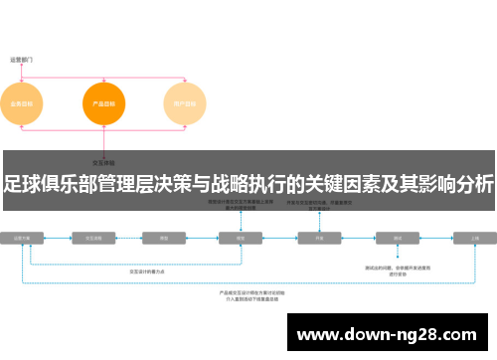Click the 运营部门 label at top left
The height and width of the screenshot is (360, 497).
point(22,60)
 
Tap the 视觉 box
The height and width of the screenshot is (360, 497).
point(239,239)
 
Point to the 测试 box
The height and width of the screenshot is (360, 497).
point(398,239)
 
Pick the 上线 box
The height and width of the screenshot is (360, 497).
point(475,239)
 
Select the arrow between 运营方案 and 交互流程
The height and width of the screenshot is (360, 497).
point(59,239)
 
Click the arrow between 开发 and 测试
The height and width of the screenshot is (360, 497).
point(359,239)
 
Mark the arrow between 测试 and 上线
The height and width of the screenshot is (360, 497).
point(437,239)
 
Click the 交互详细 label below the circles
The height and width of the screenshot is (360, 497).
point(103,161)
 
